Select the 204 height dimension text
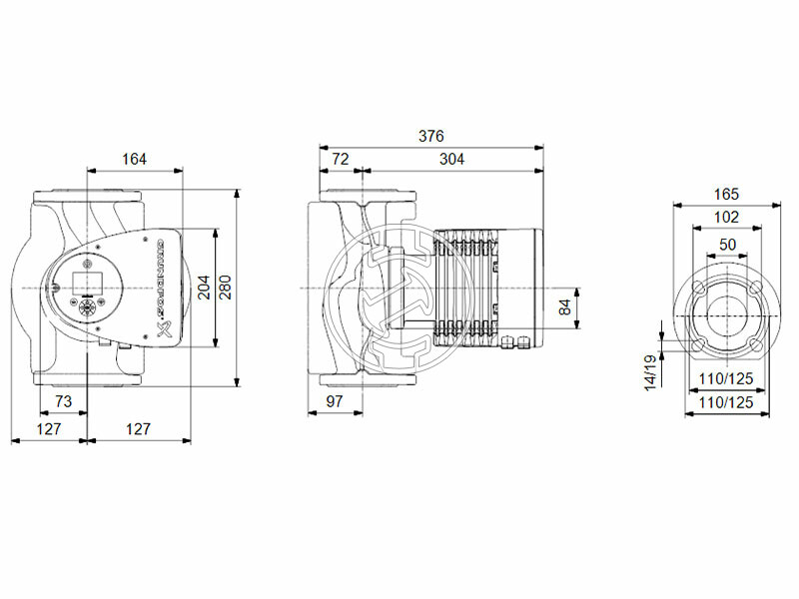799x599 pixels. tap(204, 289)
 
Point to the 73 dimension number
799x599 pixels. tap(62, 402)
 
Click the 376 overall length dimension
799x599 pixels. tap(430, 136)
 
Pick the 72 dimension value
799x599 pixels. tap(340, 158)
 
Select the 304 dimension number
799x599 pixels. tap(450, 158)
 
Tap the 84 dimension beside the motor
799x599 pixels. tap(564, 305)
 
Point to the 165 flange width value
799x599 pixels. tap(726, 196)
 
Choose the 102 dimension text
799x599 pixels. tap(726, 218)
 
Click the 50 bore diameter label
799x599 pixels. tap(726, 245)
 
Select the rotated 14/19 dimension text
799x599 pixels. tap(649, 371)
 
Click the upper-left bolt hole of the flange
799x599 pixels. tap(699, 288)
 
